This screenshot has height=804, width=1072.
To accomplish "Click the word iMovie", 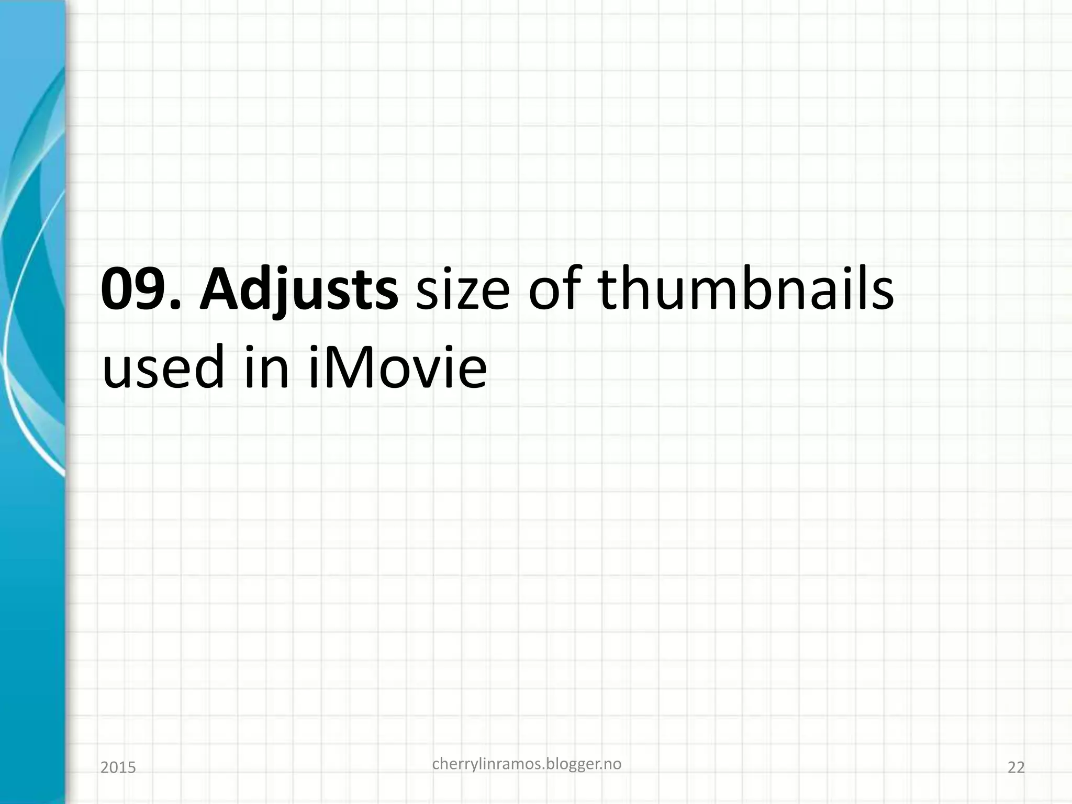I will (398, 366).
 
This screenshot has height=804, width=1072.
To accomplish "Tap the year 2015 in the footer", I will (118, 768).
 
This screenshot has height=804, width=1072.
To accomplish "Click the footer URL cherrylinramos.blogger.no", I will (527, 765).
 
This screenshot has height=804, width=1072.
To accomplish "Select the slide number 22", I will (1016, 768).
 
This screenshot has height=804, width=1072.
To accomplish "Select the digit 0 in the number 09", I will (119, 289).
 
